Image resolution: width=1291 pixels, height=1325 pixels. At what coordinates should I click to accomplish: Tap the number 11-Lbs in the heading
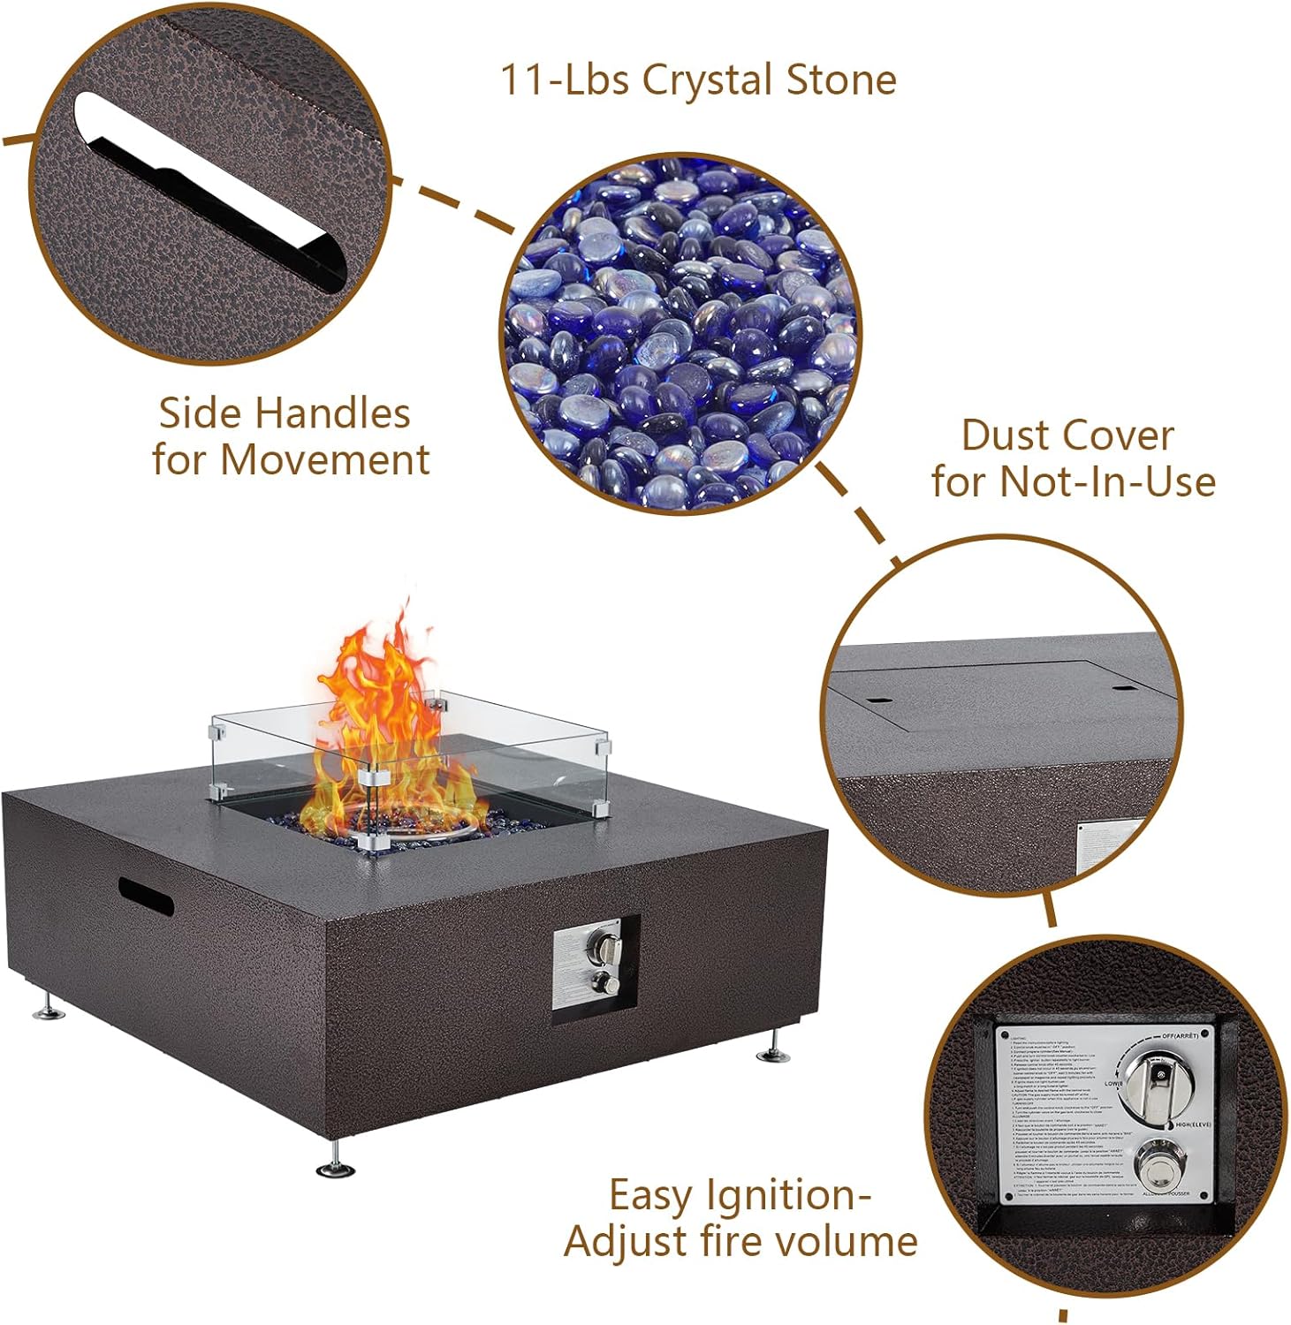[564, 79]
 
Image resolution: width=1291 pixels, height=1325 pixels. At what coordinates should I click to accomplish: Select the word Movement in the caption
[324, 460]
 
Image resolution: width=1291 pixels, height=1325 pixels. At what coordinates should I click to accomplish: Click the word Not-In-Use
[1107, 482]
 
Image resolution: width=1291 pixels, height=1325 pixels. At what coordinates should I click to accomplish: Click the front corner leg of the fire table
[338, 1160]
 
